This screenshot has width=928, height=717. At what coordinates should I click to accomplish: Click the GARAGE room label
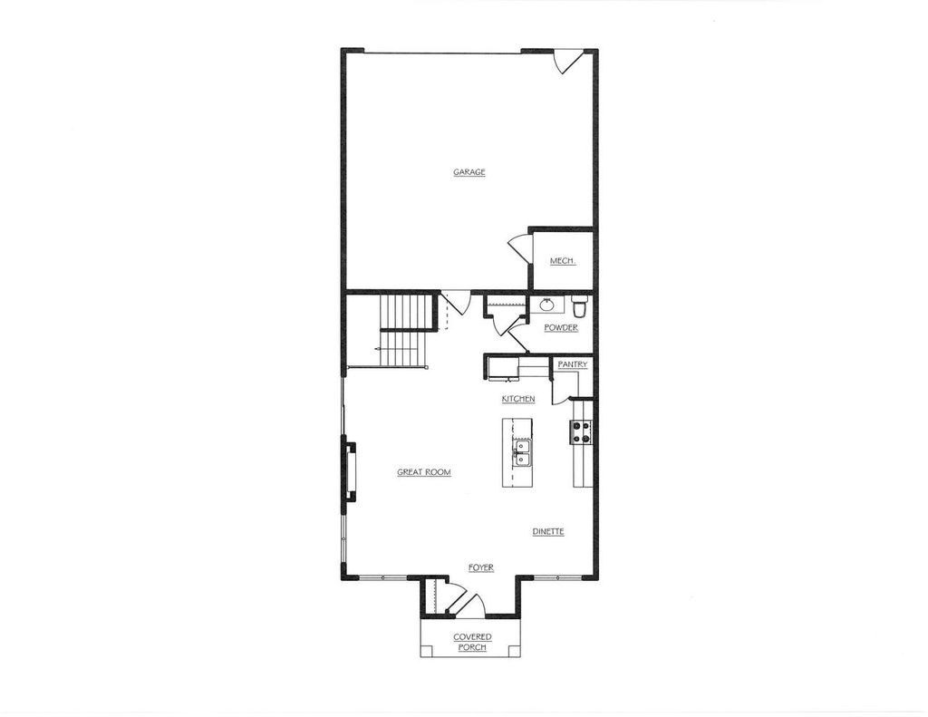(x=469, y=172)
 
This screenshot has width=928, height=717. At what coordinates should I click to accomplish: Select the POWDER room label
(x=561, y=327)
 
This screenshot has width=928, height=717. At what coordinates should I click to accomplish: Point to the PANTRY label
(x=573, y=364)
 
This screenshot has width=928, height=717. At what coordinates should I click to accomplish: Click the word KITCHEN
(x=518, y=399)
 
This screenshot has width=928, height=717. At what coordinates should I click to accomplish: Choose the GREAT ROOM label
(x=424, y=472)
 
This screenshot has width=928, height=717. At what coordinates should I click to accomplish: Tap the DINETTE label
(x=548, y=531)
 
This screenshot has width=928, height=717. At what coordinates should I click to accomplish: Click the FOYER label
(x=480, y=567)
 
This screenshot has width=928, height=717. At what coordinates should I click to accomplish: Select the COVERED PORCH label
(x=472, y=642)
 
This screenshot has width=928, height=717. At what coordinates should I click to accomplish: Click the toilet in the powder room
(x=580, y=306)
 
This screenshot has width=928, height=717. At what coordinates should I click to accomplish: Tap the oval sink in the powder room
(x=547, y=305)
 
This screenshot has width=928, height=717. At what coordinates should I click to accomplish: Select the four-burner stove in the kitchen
(x=581, y=432)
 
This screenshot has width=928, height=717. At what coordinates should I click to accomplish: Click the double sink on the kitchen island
(x=522, y=451)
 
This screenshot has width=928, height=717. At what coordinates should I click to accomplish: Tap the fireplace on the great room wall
(x=348, y=470)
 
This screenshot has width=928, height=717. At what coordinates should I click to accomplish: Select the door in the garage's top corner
(x=567, y=62)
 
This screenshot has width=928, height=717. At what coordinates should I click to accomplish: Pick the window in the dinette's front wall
(x=557, y=577)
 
